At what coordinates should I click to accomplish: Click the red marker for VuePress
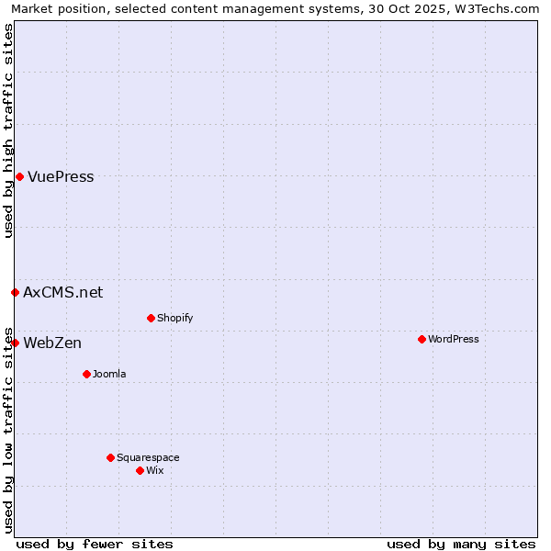tap(19, 176)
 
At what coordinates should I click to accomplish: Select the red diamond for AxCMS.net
tap(15, 292)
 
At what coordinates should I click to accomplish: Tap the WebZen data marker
tap(15, 343)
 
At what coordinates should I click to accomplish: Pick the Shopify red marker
tap(151, 318)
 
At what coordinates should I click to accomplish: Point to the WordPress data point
tap(422, 339)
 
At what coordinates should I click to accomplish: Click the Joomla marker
tap(86, 374)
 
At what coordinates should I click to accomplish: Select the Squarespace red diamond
tap(110, 457)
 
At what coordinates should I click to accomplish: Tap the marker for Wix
tap(140, 470)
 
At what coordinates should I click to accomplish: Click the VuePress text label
tap(61, 177)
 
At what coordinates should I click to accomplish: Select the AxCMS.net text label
tap(63, 293)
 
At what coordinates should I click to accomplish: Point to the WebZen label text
tap(52, 343)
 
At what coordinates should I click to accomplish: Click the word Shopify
tap(174, 319)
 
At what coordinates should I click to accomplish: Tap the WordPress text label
tap(454, 340)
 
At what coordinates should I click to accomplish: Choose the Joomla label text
tap(109, 375)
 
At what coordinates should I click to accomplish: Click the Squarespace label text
tap(148, 458)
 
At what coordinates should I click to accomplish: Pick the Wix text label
tap(155, 471)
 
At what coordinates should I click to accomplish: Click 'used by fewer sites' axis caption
tap(95, 544)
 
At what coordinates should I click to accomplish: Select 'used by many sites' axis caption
tap(461, 544)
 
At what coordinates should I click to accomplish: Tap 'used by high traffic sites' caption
tap(8, 130)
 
